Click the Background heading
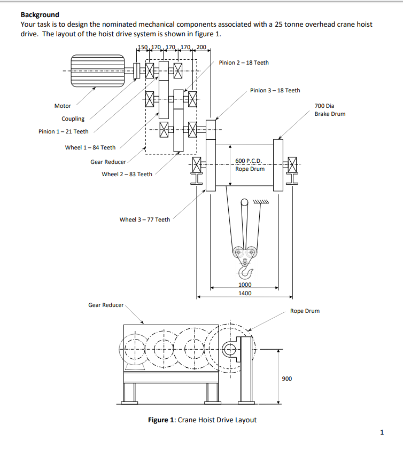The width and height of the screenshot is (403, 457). coord(40,14)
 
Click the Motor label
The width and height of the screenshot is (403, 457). coord(63,106)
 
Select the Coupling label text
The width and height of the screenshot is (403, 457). coord(73,119)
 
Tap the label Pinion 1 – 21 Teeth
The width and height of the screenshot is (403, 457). coord(63,131)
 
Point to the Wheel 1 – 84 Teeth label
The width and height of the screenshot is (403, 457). coord(90,147)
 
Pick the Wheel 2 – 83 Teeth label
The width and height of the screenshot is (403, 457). coord(127,174)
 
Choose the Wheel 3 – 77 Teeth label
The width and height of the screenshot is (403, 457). coord(145,219)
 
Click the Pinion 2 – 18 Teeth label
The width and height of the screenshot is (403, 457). coord(244,62)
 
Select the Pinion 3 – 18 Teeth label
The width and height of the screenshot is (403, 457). coord(275,90)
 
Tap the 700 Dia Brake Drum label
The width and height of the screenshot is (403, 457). coord(330,110)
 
